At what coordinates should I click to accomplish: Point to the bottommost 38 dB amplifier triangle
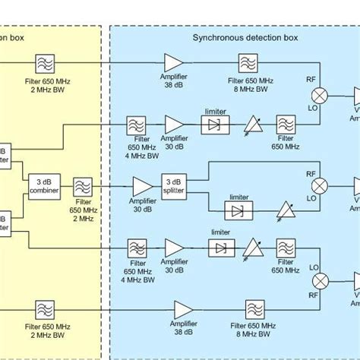pos(183,309)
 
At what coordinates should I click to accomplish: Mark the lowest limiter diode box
pos(219,248)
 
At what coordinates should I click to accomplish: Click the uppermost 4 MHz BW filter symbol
pos(137,125)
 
